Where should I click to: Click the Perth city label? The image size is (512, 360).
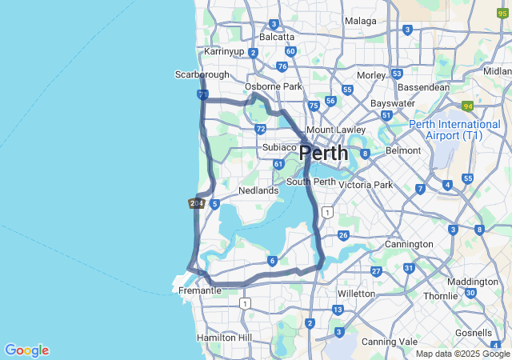coord(324,154)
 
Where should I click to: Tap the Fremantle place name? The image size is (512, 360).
coord(200,290)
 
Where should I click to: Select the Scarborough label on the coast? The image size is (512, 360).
coord(202,74)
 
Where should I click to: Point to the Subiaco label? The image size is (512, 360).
coord(280,147)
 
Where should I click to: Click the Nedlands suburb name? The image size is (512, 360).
coord(258,190)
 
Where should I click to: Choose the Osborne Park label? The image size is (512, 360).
coord(274,86)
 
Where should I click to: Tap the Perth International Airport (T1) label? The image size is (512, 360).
coord(454,130)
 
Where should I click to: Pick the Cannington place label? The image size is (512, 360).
coord(408,244)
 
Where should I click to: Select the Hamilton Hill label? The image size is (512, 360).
coord(224,338)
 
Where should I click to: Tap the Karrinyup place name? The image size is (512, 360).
coord(224,51)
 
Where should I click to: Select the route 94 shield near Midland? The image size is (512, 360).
coord(467,106)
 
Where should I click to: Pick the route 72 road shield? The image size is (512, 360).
coord(260,129)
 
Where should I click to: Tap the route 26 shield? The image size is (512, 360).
coord(343,235)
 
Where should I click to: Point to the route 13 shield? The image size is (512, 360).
coord(338,310)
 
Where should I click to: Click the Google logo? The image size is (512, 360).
coord(26,350)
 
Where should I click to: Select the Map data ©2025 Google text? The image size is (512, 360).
coord(463,354)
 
